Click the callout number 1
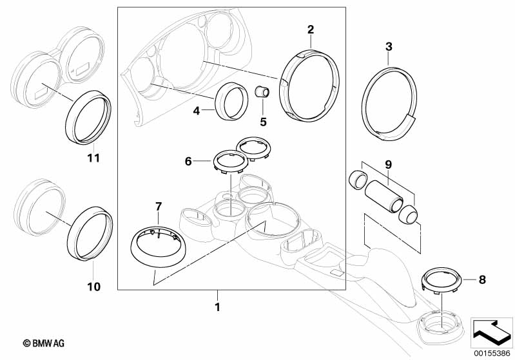coord(217,307)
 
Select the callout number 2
coord(311,30)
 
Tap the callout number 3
coord(389,46)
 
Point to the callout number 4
coord(196,111)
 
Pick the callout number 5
coord(263,122)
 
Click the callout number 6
coord(188,161)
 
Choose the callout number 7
coord(159,207)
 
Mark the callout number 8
coord(482,279)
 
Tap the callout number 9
coord(388,164)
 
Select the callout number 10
coord(93,287)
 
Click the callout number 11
coord(93,158)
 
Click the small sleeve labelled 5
coord(262,91)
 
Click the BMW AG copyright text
coord(44,343)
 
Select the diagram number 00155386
coord(492,354)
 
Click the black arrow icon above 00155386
coord(491,333)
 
